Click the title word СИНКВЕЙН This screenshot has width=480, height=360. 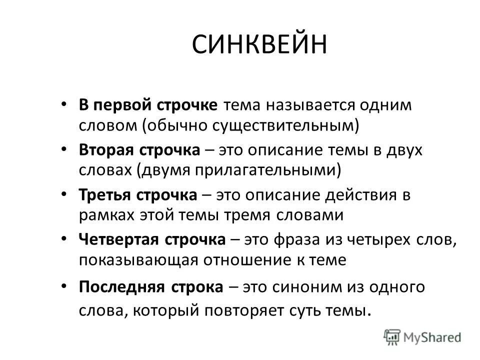pyautogui.click(x=259, y=45)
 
